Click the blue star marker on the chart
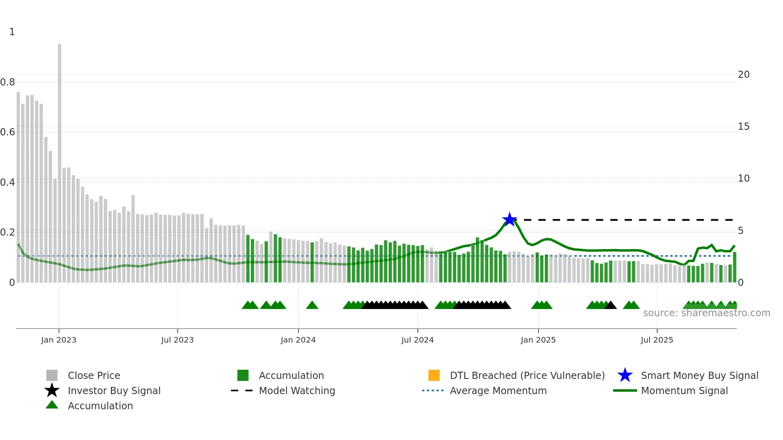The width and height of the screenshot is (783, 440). tap(509, 220)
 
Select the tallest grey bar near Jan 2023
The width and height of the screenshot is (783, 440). tap(60, 160)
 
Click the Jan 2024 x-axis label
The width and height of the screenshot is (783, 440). tap(298, 340)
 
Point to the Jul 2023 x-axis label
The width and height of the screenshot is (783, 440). tap(177, 340)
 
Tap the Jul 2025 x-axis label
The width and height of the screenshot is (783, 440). tap(657, 340)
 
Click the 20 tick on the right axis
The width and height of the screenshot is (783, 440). tap(743, 75)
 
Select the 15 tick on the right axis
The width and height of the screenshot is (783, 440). tap(743, 127)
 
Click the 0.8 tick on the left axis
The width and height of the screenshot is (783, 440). tap(8, 82)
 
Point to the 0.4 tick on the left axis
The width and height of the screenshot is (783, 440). tap(8, 182)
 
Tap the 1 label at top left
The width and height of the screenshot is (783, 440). tap(12, 32)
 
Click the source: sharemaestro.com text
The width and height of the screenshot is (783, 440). tap(706, 313)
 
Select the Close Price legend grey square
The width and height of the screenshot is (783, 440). tap(52, 375)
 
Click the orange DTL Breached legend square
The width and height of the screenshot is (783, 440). tap(434, 375)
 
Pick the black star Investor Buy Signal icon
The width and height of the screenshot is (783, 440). tap(52, 390)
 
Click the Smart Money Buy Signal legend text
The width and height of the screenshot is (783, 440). tap(700, 375)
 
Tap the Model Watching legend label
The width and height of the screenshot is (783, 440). tap(297, 390)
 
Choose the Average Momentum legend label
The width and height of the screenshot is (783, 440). tap(498, 390)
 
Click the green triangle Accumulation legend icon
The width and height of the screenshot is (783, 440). tap(52, 405)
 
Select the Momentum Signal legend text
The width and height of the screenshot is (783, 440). tap(684, 390)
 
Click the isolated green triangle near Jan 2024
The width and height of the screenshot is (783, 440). tap(312, 305)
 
